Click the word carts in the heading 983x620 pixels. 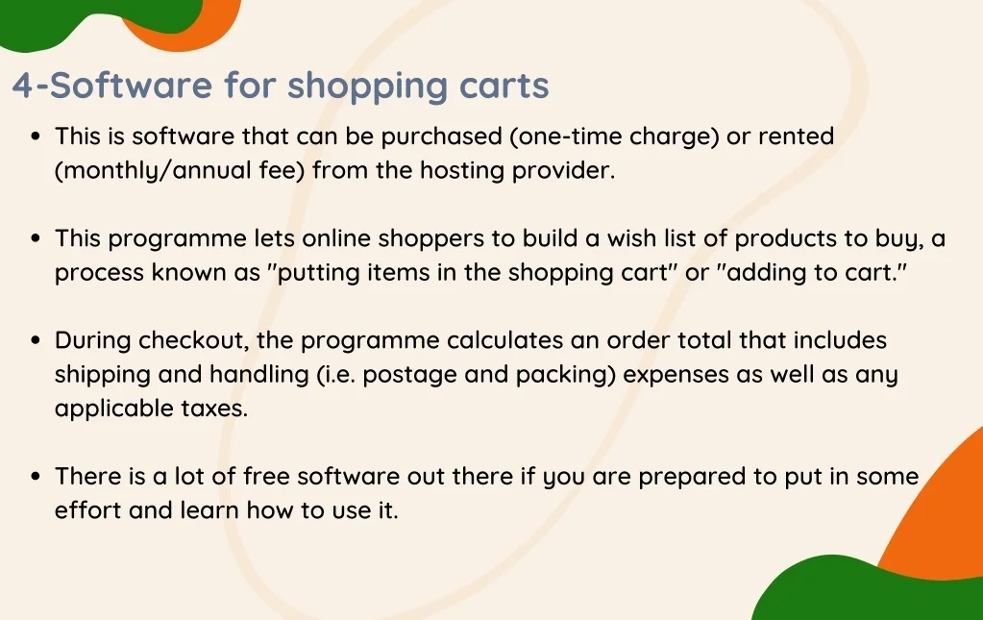click(x=504, y=87)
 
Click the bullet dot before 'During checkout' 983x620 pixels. click(x=36, y=341)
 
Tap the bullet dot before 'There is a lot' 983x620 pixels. click(x=36, y=478)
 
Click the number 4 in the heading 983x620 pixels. click(x=23, y=87)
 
